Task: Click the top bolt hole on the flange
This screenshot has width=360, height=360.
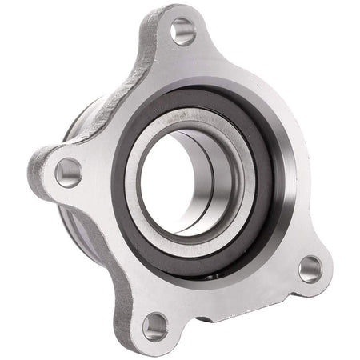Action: coord(182,31)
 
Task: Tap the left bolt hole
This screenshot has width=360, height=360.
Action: coord(68,171)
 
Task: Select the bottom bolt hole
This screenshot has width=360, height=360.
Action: coord(155,325)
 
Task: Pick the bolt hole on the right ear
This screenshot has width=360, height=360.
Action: coord(310,269)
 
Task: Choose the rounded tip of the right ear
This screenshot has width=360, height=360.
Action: coord(328,272)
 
